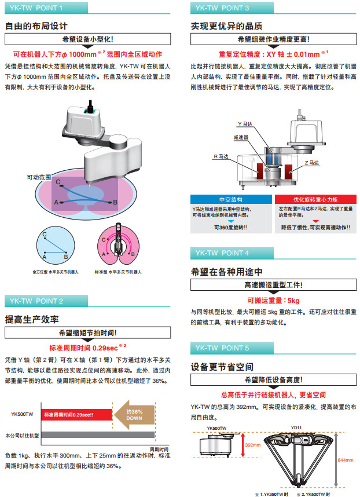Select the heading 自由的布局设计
click(x=36, y=26)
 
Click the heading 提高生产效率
click(x=32, y=319)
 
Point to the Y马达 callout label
click(x=245, y=124)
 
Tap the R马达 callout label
click(x=222, y=156)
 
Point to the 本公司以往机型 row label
click(x=21, y=434)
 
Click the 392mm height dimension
click(x=253, y=445)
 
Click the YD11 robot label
click(x=296, y=427)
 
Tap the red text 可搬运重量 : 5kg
click(x=273, y=300)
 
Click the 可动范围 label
click(x=39, y=176)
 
